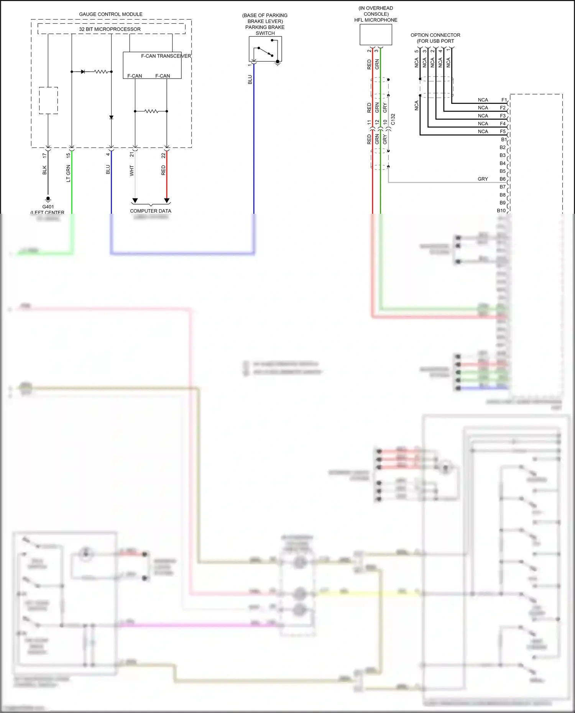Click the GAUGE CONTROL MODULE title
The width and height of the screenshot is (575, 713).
(110, 14)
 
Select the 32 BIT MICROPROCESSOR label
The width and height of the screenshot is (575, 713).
(110, 29)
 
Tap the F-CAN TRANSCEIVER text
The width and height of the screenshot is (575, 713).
(166, 56)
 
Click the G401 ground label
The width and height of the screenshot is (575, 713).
(48, 207)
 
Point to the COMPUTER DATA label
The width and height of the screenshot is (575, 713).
(151, 211)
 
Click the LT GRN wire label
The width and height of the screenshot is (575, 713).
(69, 173)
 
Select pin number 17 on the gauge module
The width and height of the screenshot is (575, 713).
(44, 156)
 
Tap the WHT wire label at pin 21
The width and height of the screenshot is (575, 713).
(132, 170)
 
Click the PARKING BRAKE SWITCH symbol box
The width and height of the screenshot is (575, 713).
(265, 49)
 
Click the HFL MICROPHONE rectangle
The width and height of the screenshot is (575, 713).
(376, 35)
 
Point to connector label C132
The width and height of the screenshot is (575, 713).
(393, 119)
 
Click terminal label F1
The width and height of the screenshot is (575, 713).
(504, 100)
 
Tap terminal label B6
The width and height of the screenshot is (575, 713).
(502, 179)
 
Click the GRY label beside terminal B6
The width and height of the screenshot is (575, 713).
(483, 179)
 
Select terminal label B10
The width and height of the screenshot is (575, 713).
(501, 211)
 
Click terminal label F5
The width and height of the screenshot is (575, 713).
(503, 131)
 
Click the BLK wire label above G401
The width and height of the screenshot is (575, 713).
(44, 170)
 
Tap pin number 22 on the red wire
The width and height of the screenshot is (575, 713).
(164, 156)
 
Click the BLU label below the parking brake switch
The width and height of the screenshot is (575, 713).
(250, 80)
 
